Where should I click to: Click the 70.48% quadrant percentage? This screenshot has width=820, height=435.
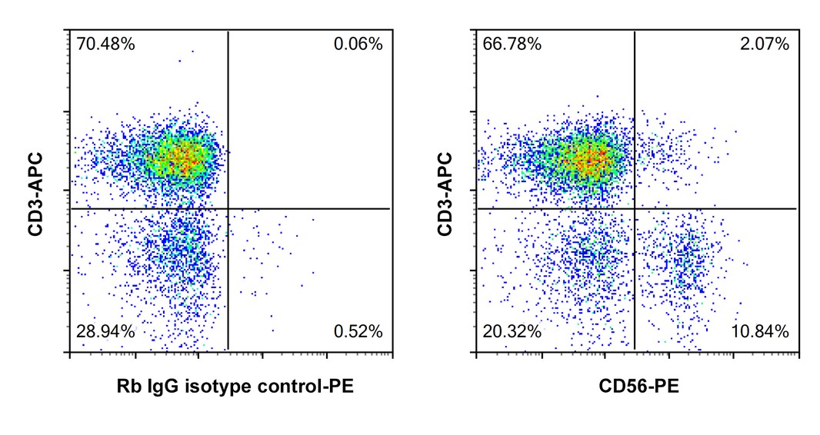pos(106,45)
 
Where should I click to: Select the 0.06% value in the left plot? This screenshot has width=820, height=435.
pos(358,45)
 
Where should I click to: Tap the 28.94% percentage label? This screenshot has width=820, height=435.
pos(106,332)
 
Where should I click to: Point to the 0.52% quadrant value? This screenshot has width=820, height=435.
pos(358,332)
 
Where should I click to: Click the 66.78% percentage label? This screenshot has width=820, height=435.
pos(512,45)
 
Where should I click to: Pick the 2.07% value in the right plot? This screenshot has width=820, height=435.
pos(764,45)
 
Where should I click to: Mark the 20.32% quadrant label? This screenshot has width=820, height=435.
pos(512,332)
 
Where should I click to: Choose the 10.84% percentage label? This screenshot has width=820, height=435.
pos(761,332)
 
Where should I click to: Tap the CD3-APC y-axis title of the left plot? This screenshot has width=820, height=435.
pos(35,192)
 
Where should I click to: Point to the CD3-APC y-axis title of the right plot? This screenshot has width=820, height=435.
pos(444,192)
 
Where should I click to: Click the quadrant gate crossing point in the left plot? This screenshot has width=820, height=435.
pos(228,208)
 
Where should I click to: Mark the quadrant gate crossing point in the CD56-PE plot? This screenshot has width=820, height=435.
pos(635,208)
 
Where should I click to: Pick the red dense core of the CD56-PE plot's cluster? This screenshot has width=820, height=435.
pos(592,159)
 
